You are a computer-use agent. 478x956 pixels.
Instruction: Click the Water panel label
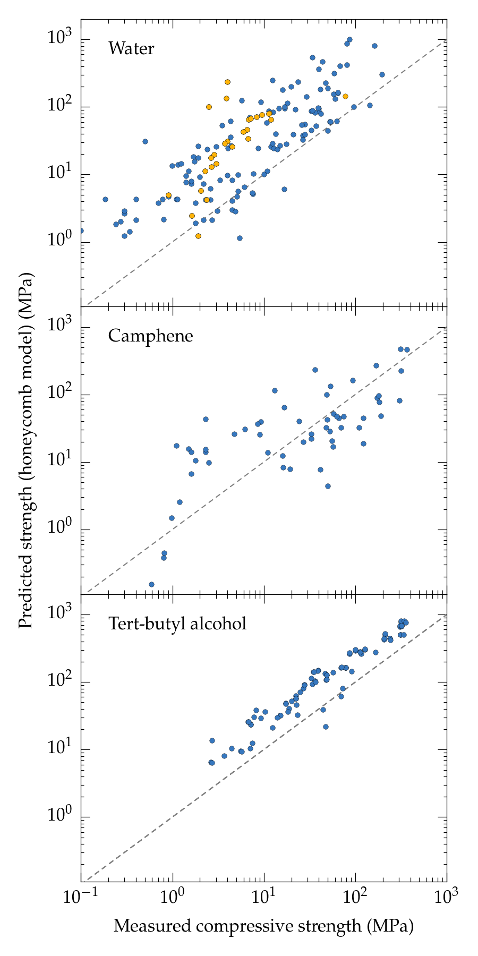pyautogui.click(x=131, y=49)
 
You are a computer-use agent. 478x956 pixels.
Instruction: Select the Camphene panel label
pyautogui.click(x=150, y=336)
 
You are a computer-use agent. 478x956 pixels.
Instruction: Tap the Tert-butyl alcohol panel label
pyautogui.click(x=177, y=623)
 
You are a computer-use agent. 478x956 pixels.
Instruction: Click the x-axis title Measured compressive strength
pyautogui.click(x=263, y=926)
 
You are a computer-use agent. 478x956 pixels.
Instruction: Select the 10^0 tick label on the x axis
pyautogui.click(x=172, y=897)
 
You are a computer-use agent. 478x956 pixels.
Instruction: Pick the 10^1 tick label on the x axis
pyautogui.click(x=264, y=897)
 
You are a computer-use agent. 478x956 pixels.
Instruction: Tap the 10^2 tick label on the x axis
pyautogui.click(x=355, y=897)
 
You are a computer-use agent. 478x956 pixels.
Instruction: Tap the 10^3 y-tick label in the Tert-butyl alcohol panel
pyautogui.click(x=60, y=613)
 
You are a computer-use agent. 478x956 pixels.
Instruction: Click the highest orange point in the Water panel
pyautogui.click(x=227, y=82)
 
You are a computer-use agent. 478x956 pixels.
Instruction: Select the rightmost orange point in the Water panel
pyautogui.click(x=345, y=96)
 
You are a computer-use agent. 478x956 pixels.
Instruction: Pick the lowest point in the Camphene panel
pyautogui.click(x=151, y=584)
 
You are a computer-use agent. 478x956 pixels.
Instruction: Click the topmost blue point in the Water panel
pyautogui.click(x=349, y=40)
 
